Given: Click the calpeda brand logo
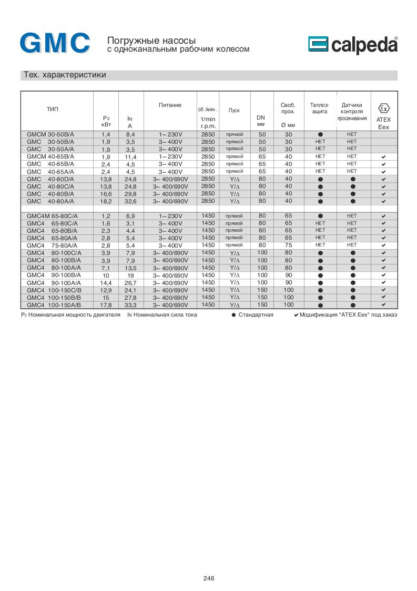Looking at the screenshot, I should [x=352, y=46].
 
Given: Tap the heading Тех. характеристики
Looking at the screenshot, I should [x=65, y=75].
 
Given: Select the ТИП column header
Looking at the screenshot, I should [x=53, y=109].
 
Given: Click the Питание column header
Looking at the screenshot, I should [x=170, y=105].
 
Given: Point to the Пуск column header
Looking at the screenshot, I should [x=234, y=110].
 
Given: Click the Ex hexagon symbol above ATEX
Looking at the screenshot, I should [x=384, y=109].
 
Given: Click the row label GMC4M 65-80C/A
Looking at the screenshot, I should [x=52, y=216].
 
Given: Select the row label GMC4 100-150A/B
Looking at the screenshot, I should [x=52, y=305].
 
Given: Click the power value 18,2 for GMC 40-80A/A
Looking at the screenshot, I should [x=106, y=202].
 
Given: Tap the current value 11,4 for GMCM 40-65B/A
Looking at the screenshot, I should [x=130, y=157].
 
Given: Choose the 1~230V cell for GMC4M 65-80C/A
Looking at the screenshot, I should [x=170, y=216].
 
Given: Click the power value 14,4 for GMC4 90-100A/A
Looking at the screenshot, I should [x=106, y=283].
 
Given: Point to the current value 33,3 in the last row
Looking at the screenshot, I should [x=130, y=305].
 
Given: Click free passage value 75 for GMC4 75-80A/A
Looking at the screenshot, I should [x=288, y=245].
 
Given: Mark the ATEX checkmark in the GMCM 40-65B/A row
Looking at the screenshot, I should [x=384, y=157].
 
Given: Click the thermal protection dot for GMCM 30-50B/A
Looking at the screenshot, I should [x=320, y=135].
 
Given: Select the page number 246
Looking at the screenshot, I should [x=209, y=578].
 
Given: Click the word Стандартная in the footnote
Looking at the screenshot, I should [x=256, y=315].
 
